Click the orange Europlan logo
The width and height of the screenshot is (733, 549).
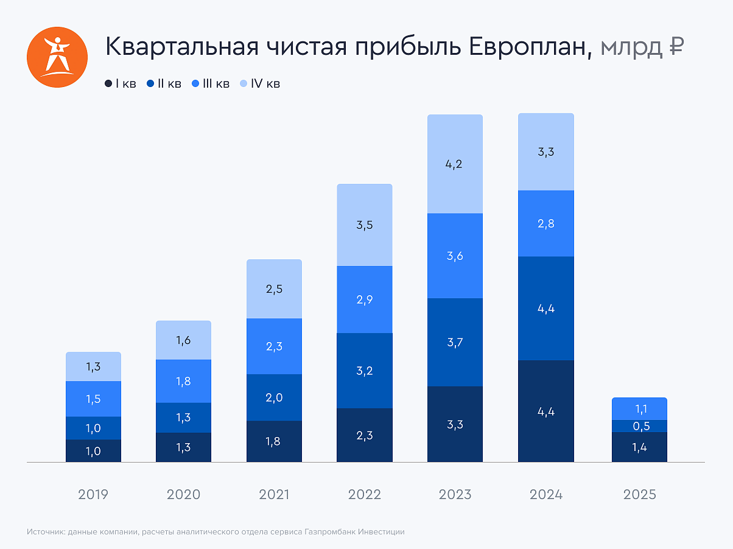coord(54,54)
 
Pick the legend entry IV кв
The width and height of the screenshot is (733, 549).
coord(259,83)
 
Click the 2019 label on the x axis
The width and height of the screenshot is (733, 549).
coord(93,494)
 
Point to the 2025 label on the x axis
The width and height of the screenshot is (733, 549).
coord(639,494)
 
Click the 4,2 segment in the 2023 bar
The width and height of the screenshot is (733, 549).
coord(455,164)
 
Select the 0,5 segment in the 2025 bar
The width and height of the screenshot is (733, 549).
coord(639,426)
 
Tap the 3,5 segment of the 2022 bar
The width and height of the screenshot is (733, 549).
coord(364,225)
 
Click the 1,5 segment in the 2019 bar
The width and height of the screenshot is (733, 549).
coord(93,399)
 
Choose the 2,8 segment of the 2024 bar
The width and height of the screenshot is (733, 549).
coord(545,223)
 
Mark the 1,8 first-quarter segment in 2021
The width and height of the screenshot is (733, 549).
coord(274,441)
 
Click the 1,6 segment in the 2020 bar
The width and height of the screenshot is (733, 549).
coord(183,340)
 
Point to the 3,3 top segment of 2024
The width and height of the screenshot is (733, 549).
coord(545,152)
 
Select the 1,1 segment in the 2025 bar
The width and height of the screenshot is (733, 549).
coord(639,409)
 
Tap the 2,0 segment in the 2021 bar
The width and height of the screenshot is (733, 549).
coord(274,397)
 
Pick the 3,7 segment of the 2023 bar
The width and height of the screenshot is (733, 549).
coord(455,342)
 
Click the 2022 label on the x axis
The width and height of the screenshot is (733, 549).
coord(364,494)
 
